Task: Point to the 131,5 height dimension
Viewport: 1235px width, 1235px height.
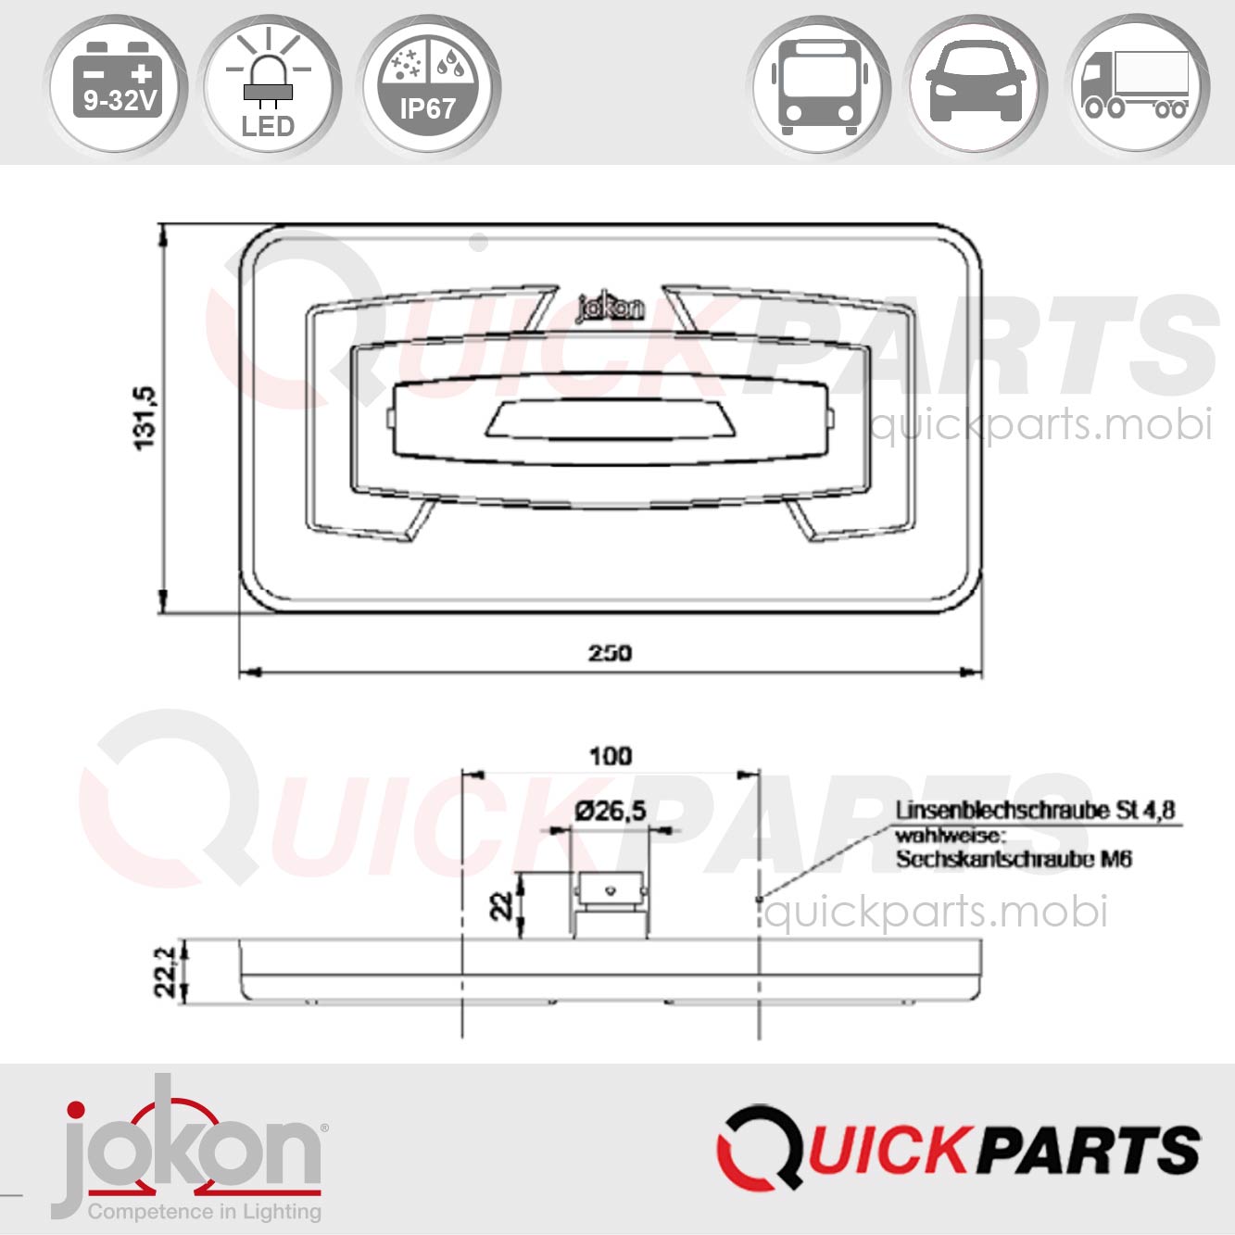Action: pyautogui.click(x=146, y=419)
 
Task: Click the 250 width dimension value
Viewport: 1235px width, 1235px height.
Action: pyautogui.click(x=610, y=653)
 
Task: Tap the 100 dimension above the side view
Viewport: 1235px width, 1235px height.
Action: pyautogui.click(x=611, y=756)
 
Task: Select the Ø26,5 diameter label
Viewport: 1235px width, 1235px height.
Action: pyautogui.click(x=610, y=812)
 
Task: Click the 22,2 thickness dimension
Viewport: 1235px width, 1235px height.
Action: pyautogui.click(x=166, y=971)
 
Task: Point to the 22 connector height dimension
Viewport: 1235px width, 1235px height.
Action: pyautogui.click(x=501, y=904)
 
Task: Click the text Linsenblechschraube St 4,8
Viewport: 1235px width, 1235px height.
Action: pyautogui.click(x=1035, y=811)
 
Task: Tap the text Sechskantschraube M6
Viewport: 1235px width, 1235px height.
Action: pyautogui.click(x=1014, y=859)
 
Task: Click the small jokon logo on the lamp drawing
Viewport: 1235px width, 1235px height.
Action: pyautogui.click(x=610, y=308)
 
